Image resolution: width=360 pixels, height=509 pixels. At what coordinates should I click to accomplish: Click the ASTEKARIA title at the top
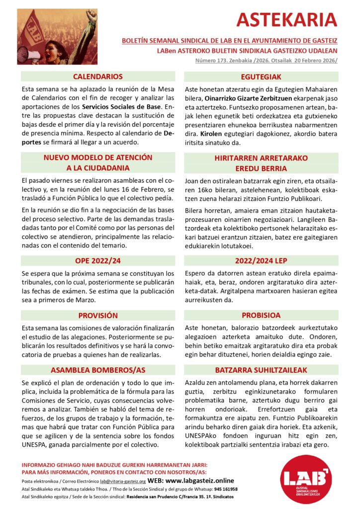[x=287, y=20]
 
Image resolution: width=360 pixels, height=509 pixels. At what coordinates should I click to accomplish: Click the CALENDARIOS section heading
[x=97, y=77]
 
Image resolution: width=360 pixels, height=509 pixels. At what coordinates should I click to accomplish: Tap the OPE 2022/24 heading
[x=97, y=260]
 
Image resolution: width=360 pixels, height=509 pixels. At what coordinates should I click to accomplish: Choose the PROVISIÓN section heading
[x=97, y=315]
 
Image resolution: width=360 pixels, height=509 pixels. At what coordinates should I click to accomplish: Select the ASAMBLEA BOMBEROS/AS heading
[x=97, y=370]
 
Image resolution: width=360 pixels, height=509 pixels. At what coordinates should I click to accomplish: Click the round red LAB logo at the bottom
[x=311, y=480]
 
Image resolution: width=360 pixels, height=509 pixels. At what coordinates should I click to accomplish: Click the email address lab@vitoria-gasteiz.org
[x=123, y=482]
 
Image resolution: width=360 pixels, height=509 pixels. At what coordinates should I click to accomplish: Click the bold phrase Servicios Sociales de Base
[x=121, y=107]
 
